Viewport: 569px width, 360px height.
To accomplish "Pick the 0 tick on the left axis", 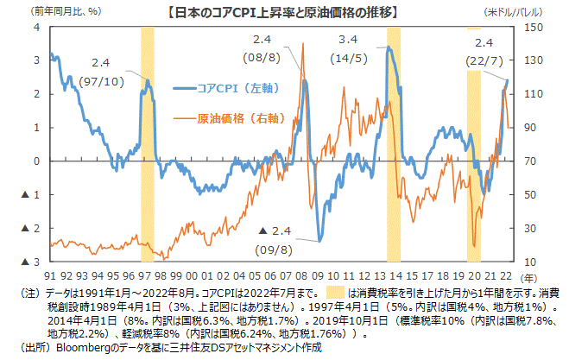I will click(x=37, y=161).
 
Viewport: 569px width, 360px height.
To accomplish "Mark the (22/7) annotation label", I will click(x=483, y=57).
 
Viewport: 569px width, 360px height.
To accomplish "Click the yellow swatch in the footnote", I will click(x=337, y=294).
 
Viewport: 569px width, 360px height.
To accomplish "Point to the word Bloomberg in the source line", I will click(x=83, y=348).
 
